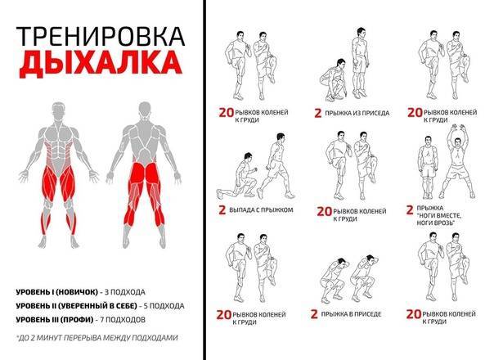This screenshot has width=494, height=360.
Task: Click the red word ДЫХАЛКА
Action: point(101,63)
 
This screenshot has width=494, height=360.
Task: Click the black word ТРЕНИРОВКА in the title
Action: point(101,36)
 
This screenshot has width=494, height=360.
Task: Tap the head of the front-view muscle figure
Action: point(60,110)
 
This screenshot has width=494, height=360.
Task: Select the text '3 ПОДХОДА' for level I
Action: point(125,292)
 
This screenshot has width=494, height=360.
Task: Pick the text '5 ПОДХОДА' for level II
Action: point(164,306)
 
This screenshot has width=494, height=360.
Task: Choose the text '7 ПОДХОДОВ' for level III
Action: point(123,320)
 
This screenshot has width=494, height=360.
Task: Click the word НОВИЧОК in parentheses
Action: point(76,292)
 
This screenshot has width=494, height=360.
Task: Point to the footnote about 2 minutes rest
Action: point(97,338)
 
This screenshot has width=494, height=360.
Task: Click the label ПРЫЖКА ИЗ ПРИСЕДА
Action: point(357,113)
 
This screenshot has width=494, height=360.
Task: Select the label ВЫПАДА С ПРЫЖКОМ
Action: point(261,210)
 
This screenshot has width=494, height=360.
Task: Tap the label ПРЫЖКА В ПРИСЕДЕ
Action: point(351,314)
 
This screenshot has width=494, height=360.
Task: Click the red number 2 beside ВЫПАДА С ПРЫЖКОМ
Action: point(222,210)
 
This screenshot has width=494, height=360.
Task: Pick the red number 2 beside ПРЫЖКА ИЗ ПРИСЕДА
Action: point(318,113)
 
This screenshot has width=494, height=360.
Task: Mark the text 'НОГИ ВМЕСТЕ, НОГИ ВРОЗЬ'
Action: point(439,219)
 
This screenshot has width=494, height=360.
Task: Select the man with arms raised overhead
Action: point(457,161)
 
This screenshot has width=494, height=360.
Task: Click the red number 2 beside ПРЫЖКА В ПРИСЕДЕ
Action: point(314,314)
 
